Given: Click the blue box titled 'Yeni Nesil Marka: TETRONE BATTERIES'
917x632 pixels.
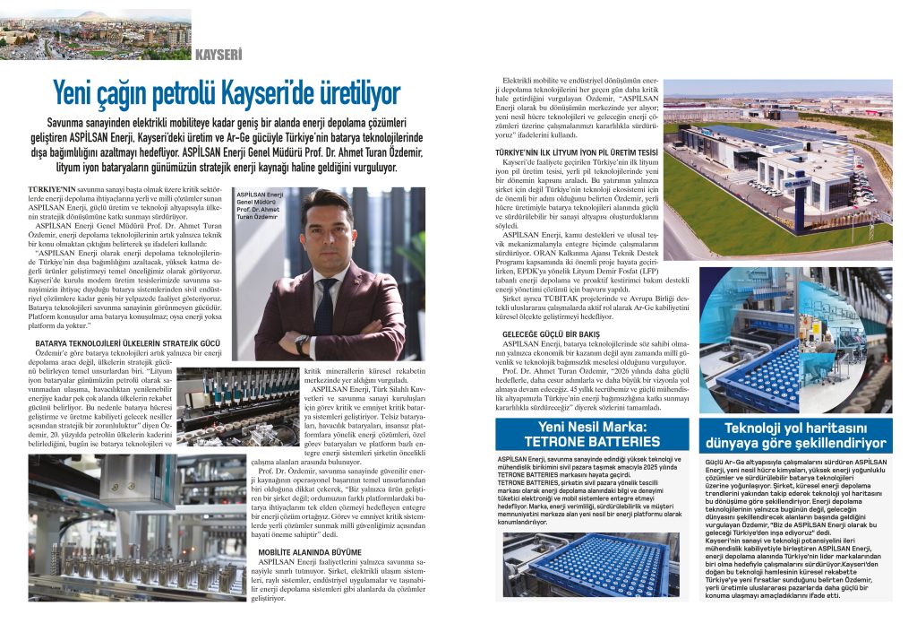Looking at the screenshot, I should pos(592,435).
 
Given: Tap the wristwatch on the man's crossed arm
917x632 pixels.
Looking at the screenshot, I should pos(302,344).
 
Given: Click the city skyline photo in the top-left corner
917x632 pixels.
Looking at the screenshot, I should pos(95,34).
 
